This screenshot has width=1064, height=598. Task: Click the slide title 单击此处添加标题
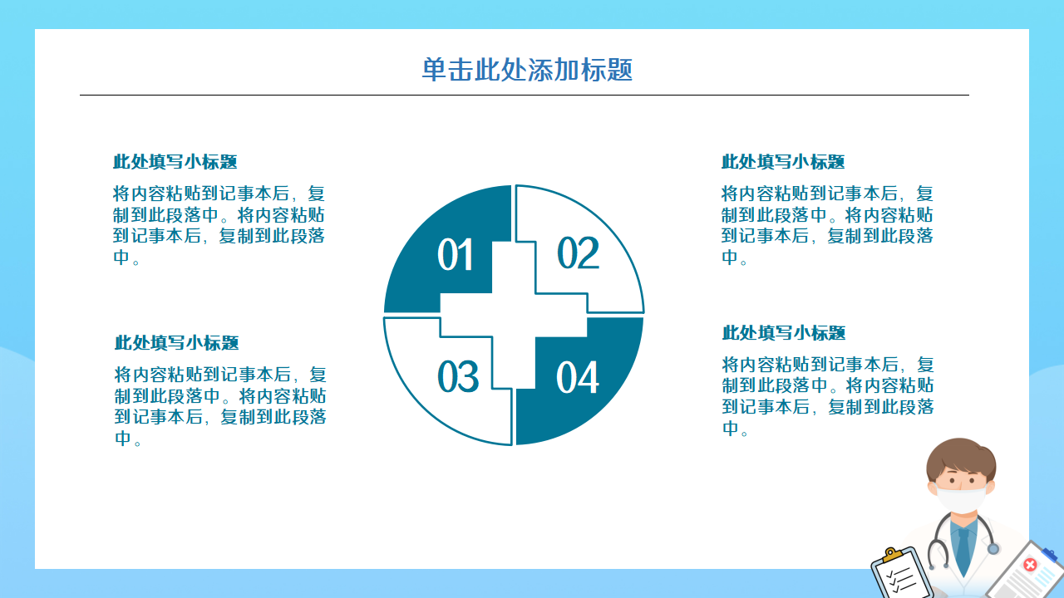[527, 70]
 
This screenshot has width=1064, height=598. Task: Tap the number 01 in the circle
[455, 255]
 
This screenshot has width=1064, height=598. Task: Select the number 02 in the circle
[578, 252]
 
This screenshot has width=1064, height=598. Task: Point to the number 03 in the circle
[458, 376]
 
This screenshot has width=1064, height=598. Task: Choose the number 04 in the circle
[578, 377]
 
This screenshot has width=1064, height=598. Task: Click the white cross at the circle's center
[514, 315]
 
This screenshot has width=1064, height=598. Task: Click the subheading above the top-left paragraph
[175, 162]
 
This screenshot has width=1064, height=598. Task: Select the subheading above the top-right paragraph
[783, 162]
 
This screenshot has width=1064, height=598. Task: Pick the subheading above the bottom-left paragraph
[176, 343]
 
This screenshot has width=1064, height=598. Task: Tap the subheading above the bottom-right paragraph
[784, 333]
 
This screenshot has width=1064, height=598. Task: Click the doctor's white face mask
[961, 498]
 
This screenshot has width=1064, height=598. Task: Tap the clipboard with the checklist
[901, 574]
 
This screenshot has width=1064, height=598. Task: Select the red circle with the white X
[1030, 565]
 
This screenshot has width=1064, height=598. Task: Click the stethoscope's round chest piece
[993, 549]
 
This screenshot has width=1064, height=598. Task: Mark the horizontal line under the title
[525, 95]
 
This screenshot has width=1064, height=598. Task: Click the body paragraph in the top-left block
[219, 225]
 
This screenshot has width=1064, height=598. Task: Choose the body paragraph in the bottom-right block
[828, 396]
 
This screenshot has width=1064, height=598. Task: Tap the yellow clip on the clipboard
[893, 554]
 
